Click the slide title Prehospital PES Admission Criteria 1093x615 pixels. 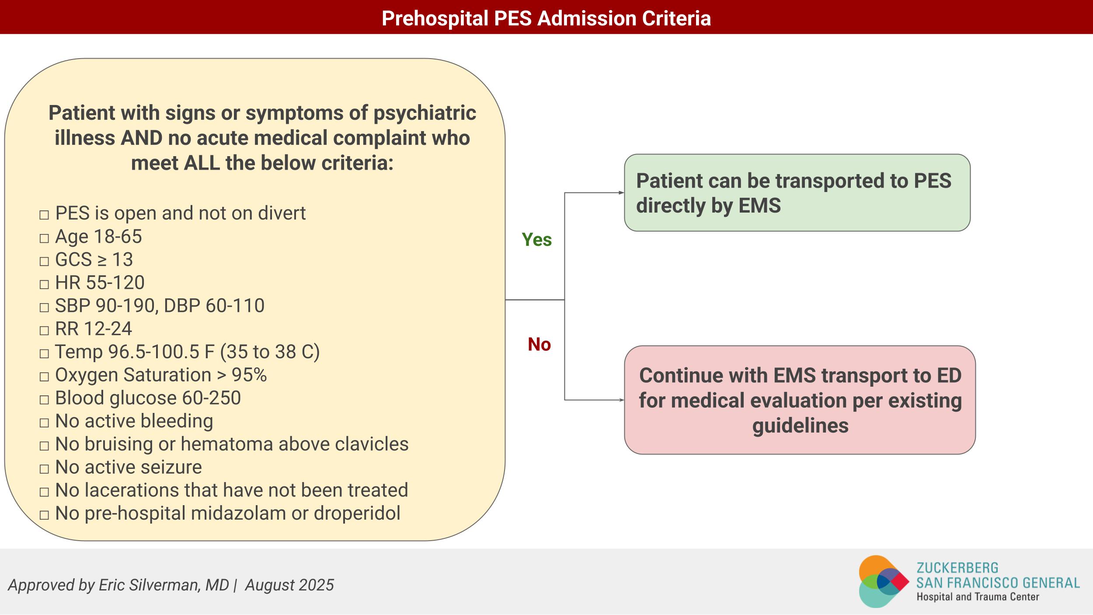(x=546, y=18)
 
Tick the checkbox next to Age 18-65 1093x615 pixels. (x=44, y=238)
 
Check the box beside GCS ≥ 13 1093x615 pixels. (x=44, y=262)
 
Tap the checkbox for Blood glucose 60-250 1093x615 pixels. (x=44, y=400)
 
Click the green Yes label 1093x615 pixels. (x=536, y=240)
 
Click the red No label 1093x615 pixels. (x=539, y=344)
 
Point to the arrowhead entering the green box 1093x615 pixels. (x=621, y=192)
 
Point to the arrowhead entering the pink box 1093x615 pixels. (x=621, y=400)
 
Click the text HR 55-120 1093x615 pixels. (x=100, y=283)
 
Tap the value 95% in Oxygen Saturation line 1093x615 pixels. (x=249, y=375)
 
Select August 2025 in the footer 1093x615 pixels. (x=289, y=585)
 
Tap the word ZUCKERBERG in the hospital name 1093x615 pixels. (x=957, y=568)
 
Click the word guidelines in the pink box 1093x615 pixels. (x=800, y=426)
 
